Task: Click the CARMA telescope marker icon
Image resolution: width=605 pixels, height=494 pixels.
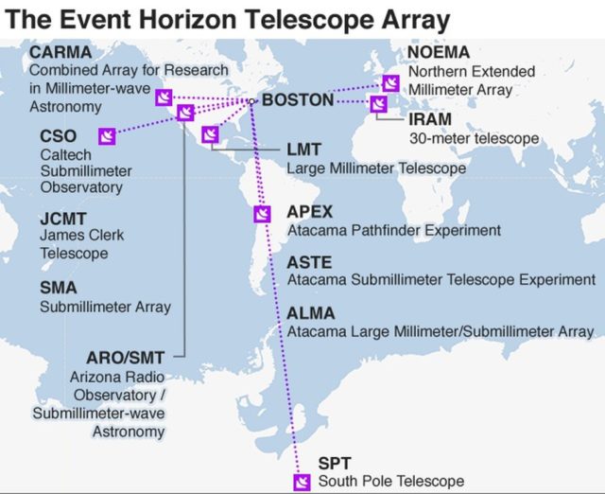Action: (x=164, y=97)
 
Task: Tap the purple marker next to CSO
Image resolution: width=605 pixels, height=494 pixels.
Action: (x=107, y=136)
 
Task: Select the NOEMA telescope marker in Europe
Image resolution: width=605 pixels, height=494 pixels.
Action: (x=390, y=83)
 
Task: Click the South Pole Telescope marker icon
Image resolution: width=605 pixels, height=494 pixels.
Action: (x=302, y=483)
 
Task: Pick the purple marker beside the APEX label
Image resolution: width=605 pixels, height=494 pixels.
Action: (x=263, y=214)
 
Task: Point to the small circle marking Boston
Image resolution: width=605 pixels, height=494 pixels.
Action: (x=251, y=101)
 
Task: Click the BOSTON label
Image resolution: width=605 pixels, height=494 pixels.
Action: (x=298, y=100)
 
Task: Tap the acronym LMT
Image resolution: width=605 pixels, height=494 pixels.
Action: (x=304, y=150)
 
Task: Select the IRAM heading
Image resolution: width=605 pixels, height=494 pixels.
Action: (x=430, y=119)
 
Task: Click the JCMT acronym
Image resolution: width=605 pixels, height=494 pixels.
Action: (x=63, y=219)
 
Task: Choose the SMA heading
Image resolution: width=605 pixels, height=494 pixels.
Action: (x=59, y=288)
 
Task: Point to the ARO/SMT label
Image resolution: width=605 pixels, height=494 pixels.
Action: (x=126, y=358)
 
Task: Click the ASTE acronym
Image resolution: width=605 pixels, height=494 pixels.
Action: (x=309, y=263)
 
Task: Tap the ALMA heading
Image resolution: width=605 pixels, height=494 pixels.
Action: (x=311, y=313)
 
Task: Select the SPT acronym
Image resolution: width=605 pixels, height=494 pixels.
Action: (x=335, y=463)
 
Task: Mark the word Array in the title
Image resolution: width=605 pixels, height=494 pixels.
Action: (x=416, y=21)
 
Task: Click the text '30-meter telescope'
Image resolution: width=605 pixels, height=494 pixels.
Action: (x=475, y=138)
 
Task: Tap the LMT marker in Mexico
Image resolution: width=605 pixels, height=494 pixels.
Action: (x=210, y=134)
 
